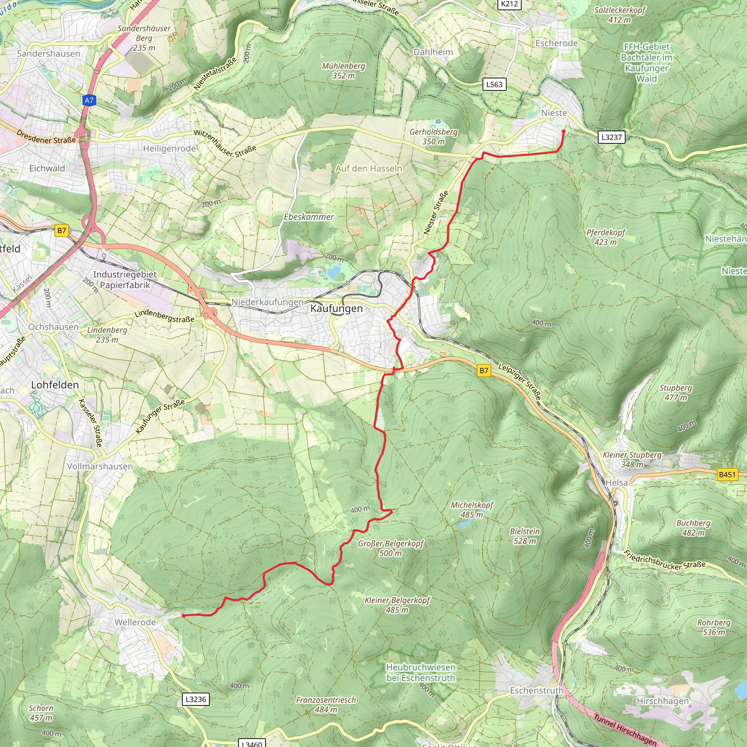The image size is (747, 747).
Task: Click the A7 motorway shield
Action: [x=89, y=101]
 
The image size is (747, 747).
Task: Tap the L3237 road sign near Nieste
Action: [x=611, y=137]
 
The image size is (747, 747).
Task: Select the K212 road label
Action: [x=509, y=4]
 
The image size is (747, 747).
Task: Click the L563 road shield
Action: [x=494, y=84]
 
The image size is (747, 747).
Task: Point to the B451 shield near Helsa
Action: [x=727, y=475]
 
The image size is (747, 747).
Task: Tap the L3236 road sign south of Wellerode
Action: [x=196, y=699]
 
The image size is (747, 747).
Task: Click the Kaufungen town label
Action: [x=336, y=309]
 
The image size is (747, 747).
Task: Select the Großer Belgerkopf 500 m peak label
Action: [x=391, y=548]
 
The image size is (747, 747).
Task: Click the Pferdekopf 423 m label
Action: [x=605, y=237]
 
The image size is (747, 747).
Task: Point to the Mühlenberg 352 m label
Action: [x=343, y=71]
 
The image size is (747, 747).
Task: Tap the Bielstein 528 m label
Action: [x=525, y=536]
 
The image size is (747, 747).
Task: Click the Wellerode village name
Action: [x=135, y=622]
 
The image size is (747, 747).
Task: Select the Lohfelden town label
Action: [x=55, y=385]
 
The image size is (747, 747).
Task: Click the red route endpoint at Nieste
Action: [x=563, y=131]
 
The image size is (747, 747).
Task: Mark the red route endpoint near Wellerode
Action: [x=183, y=616]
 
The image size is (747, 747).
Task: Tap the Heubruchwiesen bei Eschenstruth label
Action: [x=421, y=672]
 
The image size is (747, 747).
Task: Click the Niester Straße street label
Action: [x=436, y=213]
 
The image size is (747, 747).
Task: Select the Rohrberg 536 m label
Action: [x=714, y=627]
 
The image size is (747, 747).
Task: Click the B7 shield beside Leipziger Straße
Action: [x=484, y=371]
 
